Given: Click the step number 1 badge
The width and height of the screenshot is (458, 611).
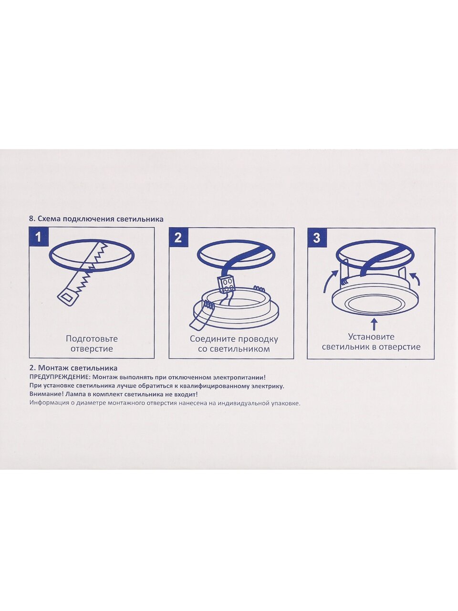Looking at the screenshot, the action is coord(39,237).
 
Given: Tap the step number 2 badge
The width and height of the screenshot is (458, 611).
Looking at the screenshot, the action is coord(178,237).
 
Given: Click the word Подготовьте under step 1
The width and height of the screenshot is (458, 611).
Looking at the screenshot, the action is coord(92,339).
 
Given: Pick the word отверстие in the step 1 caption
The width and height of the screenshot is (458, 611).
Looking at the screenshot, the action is coord(92,349).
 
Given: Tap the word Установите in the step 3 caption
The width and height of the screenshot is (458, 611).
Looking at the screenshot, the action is coord(371,337).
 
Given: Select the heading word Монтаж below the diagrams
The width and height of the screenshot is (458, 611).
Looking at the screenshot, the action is coord(53,368).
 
